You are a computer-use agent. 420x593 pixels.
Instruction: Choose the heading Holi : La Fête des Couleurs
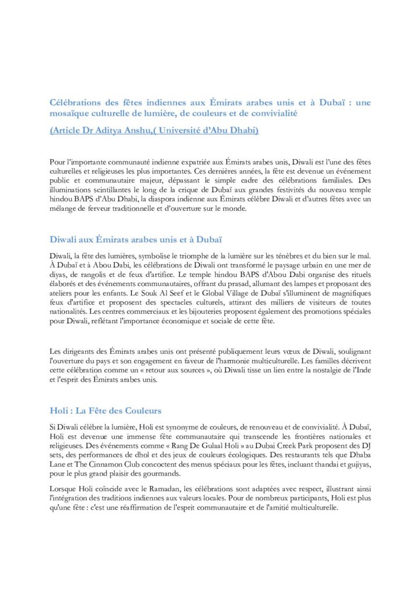105,411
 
